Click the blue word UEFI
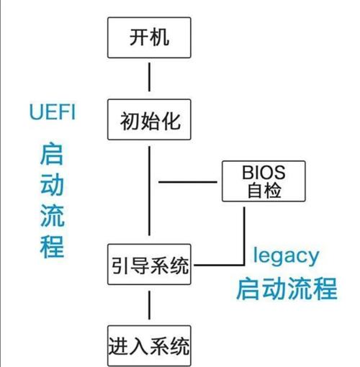(53, 112)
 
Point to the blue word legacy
(286, 256)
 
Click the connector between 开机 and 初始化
(149, 77)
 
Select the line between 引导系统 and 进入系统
(149, 305)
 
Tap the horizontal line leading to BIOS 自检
(188, 182)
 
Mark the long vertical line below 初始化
(149, 191)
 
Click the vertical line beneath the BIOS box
(244, 236)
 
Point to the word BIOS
(264, 173)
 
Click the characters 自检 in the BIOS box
(264, 191)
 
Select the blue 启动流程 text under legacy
(287, 289)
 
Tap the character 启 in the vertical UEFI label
(52, 153)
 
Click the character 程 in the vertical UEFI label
(52, 247)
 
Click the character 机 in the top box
(160, 37)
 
